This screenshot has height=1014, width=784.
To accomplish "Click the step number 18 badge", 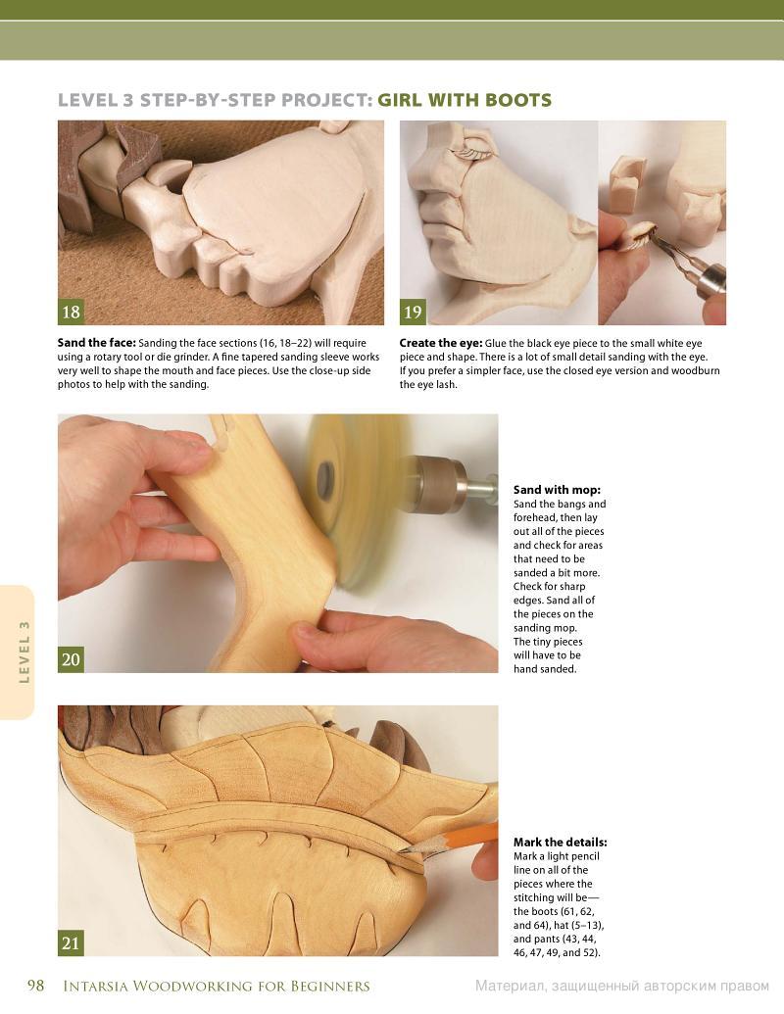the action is pos(71,312).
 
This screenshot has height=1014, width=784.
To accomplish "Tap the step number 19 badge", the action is pos(413,312).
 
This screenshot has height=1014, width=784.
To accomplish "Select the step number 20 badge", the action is pos(71,659).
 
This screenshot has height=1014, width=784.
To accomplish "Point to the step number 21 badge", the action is pos(71,942).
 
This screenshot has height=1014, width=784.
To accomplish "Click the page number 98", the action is pos(35,985).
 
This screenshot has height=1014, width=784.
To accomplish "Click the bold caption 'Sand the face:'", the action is pos(96,343).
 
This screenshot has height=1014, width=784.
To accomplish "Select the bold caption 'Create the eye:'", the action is pos(441,343).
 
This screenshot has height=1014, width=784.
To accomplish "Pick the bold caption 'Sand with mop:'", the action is pos(557,490).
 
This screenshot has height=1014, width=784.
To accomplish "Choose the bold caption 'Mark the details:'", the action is pos(561,842).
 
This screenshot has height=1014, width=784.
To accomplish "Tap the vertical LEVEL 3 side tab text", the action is pos(24,652).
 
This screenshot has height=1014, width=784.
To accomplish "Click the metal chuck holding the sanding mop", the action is pos(440,483).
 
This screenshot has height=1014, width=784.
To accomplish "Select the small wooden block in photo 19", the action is pos(627,184).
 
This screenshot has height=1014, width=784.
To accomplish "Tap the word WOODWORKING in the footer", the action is pos(189,987).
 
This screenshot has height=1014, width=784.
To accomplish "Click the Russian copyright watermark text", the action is pos(622,987).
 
